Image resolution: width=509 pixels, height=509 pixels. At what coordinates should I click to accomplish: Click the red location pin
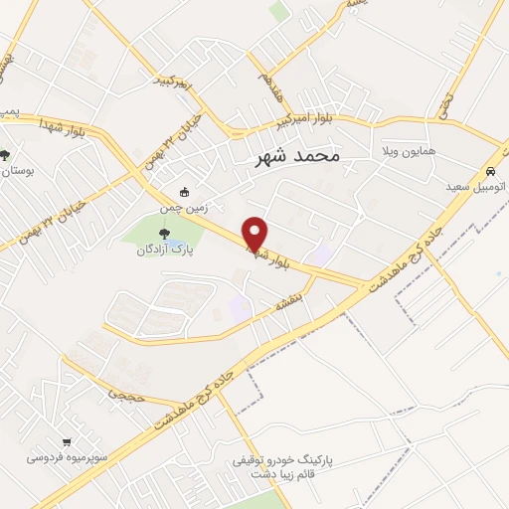(x=255, y=234)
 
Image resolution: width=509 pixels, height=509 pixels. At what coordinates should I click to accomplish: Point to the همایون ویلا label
(x=410, y=153)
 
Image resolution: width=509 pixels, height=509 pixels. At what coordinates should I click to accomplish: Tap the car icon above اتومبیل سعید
(x=491, y=171)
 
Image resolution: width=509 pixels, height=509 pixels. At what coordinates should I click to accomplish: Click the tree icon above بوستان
(x=5, y=155)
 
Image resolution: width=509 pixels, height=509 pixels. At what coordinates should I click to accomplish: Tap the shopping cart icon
(x=67, y=442)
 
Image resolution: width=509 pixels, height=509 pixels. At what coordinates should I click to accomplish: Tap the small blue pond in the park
(x=174, y=243)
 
